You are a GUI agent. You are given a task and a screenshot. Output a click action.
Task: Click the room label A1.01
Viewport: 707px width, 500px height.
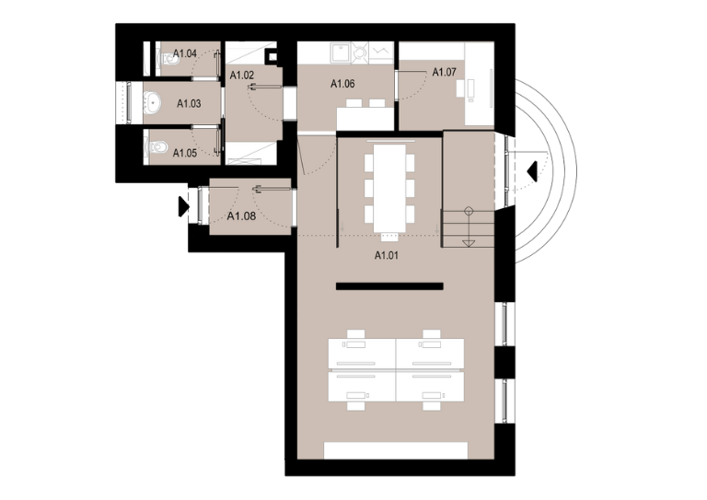[x=387, y=256]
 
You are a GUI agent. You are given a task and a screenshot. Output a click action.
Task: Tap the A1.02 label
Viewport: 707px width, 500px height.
[x=242, y=76]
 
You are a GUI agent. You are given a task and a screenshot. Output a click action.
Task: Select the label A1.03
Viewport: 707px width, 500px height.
[x=189, y=104]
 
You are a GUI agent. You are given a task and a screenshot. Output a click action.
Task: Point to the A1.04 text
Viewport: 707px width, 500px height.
[x=185, y=53]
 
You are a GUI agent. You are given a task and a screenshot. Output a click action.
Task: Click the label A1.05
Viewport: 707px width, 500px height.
[x=185, y=153]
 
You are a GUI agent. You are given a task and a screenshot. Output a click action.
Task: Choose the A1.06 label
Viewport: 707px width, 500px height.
[x=342, y=84]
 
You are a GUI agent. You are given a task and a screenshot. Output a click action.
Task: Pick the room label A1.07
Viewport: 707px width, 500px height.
[x=444, y=72]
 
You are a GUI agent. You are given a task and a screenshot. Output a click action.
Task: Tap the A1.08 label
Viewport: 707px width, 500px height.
[x=241, y=216]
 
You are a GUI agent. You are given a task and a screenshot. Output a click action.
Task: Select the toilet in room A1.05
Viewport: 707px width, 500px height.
[x=156, y=146]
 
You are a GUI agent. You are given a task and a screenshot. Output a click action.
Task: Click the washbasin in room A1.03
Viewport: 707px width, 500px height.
[x=153, y=103]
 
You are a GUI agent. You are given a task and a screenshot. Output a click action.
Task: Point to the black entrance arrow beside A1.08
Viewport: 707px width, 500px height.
[x=183, y=206]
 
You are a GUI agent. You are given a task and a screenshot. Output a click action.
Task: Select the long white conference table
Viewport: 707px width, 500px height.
[x=389, y=188]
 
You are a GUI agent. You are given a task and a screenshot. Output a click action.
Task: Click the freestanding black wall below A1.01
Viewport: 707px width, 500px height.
[x=389, y=286]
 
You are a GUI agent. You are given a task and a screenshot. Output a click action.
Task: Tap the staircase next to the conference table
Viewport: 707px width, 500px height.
[x=468, y=228]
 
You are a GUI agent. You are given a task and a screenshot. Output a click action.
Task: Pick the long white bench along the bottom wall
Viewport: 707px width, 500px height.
[x=396, y=450]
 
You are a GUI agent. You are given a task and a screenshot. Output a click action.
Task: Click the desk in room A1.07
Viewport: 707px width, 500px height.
[x=480, y=86]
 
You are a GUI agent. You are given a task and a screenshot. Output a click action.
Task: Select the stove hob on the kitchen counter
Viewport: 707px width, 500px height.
[x=360, y=53]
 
